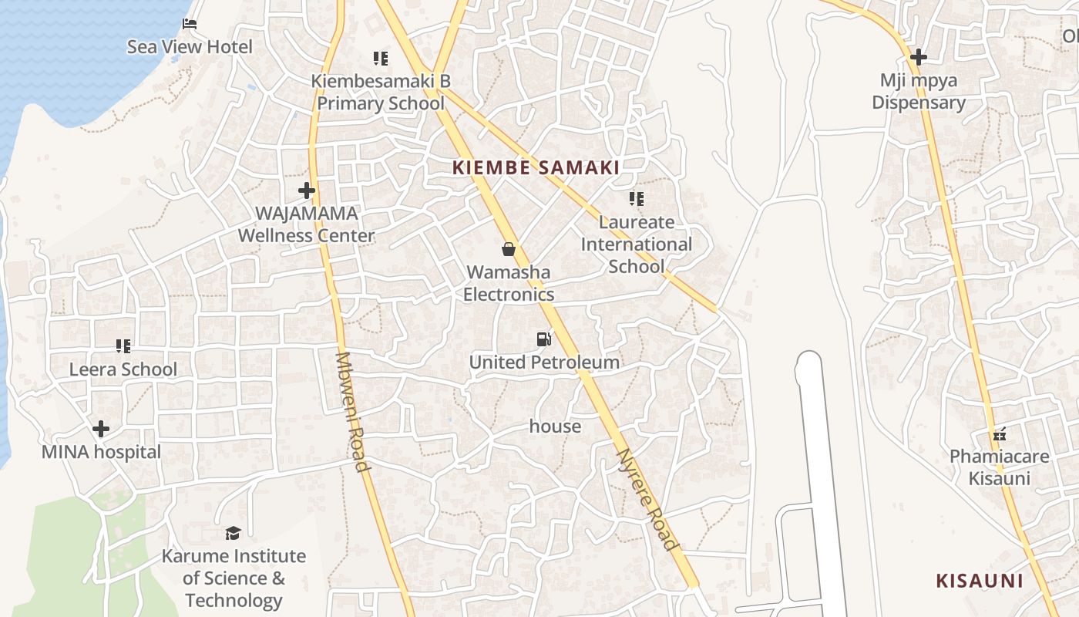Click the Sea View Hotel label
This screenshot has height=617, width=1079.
point(190,47)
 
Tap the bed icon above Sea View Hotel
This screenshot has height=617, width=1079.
point(190,24)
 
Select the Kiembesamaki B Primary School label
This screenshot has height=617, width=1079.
point(381,92)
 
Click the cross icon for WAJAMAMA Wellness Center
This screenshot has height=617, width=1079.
point(307,190)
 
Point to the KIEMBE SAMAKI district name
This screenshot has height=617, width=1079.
point(536,167)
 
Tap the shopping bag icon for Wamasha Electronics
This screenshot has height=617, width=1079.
point(509,249)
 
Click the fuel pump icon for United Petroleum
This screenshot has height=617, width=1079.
point(544,339)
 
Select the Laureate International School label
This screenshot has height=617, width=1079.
point(636,244)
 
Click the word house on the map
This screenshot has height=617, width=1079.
point(555,426)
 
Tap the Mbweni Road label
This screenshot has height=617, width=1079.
point(353,411)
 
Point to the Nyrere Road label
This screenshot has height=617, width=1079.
point(648,499)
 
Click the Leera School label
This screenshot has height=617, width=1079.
point(123,369)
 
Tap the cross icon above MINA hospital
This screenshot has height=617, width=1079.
point(101,429)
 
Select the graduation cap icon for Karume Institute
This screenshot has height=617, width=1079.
point(233,533)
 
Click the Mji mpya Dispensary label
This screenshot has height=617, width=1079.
point(918,91)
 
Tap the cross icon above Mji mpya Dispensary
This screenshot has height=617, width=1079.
point(918,57)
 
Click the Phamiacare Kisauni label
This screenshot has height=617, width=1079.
point(999,467)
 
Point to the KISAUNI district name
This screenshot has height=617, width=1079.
point(979,581)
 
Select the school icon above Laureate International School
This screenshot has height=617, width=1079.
point(636,199)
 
